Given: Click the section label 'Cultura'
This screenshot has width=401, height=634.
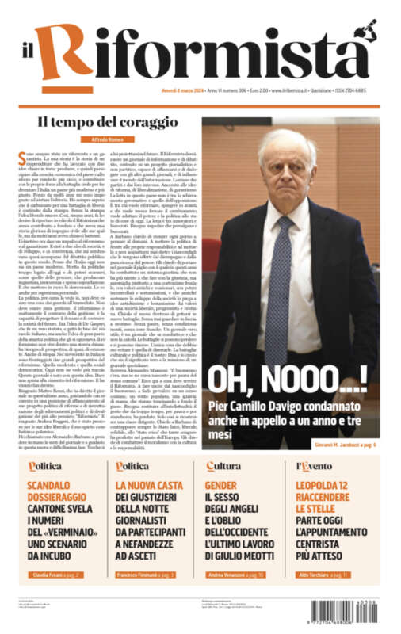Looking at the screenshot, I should pos(223,466).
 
